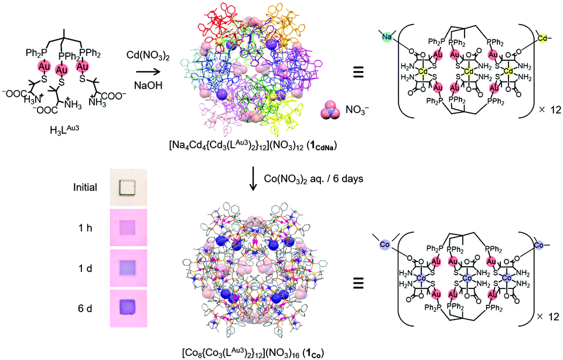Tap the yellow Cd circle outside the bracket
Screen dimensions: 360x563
[543, 38]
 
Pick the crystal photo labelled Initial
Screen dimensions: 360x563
[127, 186]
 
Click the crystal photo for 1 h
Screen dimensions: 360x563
[127, 226]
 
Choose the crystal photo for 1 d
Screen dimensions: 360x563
[127, 266]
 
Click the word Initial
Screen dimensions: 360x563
[85, 187]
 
